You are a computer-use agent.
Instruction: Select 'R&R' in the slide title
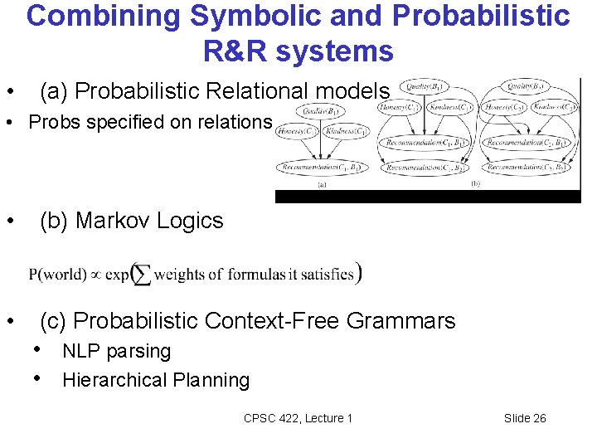click(x=238, y=51)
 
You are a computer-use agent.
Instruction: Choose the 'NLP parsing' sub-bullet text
click(x=116, y=351)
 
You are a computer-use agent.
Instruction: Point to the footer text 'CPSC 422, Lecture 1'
click(x=298, y=418)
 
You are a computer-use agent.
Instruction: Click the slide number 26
click(x=539, y=418)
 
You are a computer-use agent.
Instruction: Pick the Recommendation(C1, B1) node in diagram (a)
click(x=320, y=168)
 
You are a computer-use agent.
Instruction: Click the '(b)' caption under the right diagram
click(x=475, y=183)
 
